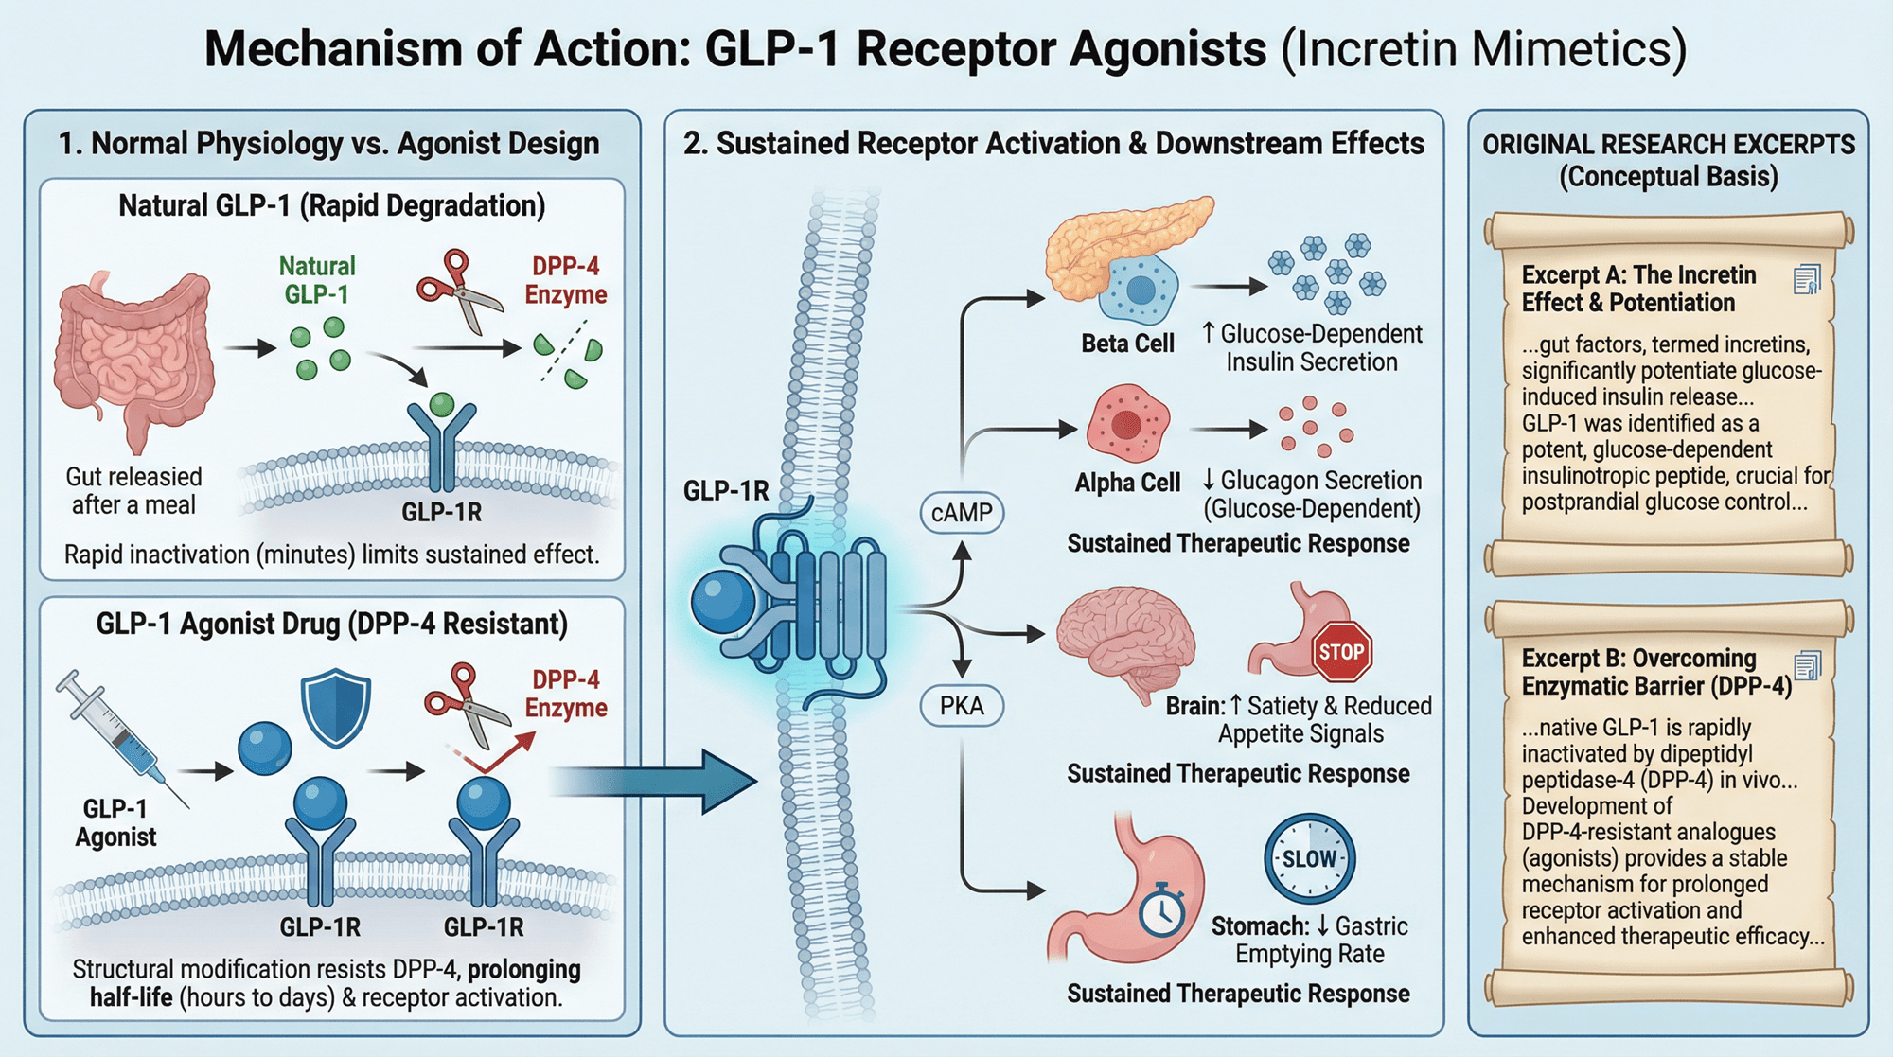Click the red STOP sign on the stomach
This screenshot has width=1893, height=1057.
(1341, 651)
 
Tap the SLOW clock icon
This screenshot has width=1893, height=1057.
(1310, 858)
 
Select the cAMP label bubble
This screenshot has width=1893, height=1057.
(962, 513)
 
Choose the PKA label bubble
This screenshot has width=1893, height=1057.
(962, 706)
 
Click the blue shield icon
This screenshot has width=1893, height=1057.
(335, 708)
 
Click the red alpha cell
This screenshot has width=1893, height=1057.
(1127, 423)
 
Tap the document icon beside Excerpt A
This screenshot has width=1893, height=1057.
(1807, 279)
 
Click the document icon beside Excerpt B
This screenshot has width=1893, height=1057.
(1807, 665)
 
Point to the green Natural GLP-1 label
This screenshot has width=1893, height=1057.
(317, 280)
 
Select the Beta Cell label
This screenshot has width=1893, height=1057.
(1127, 344)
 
